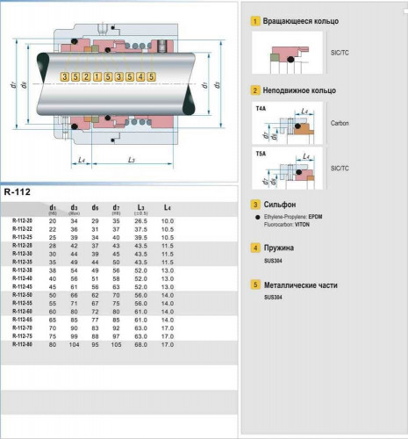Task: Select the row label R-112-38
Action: (24, 271)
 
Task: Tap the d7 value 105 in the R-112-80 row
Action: (117, 344)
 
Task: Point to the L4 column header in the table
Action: (167, 208)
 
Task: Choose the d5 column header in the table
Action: (95, 208)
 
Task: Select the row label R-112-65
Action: (24, 320)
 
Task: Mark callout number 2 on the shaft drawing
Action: (87, 77)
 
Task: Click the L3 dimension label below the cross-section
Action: (130, 160)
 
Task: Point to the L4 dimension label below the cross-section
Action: (80, 160)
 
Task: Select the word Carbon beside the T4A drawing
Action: (340, 123)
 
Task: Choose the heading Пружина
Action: (282, 248)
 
